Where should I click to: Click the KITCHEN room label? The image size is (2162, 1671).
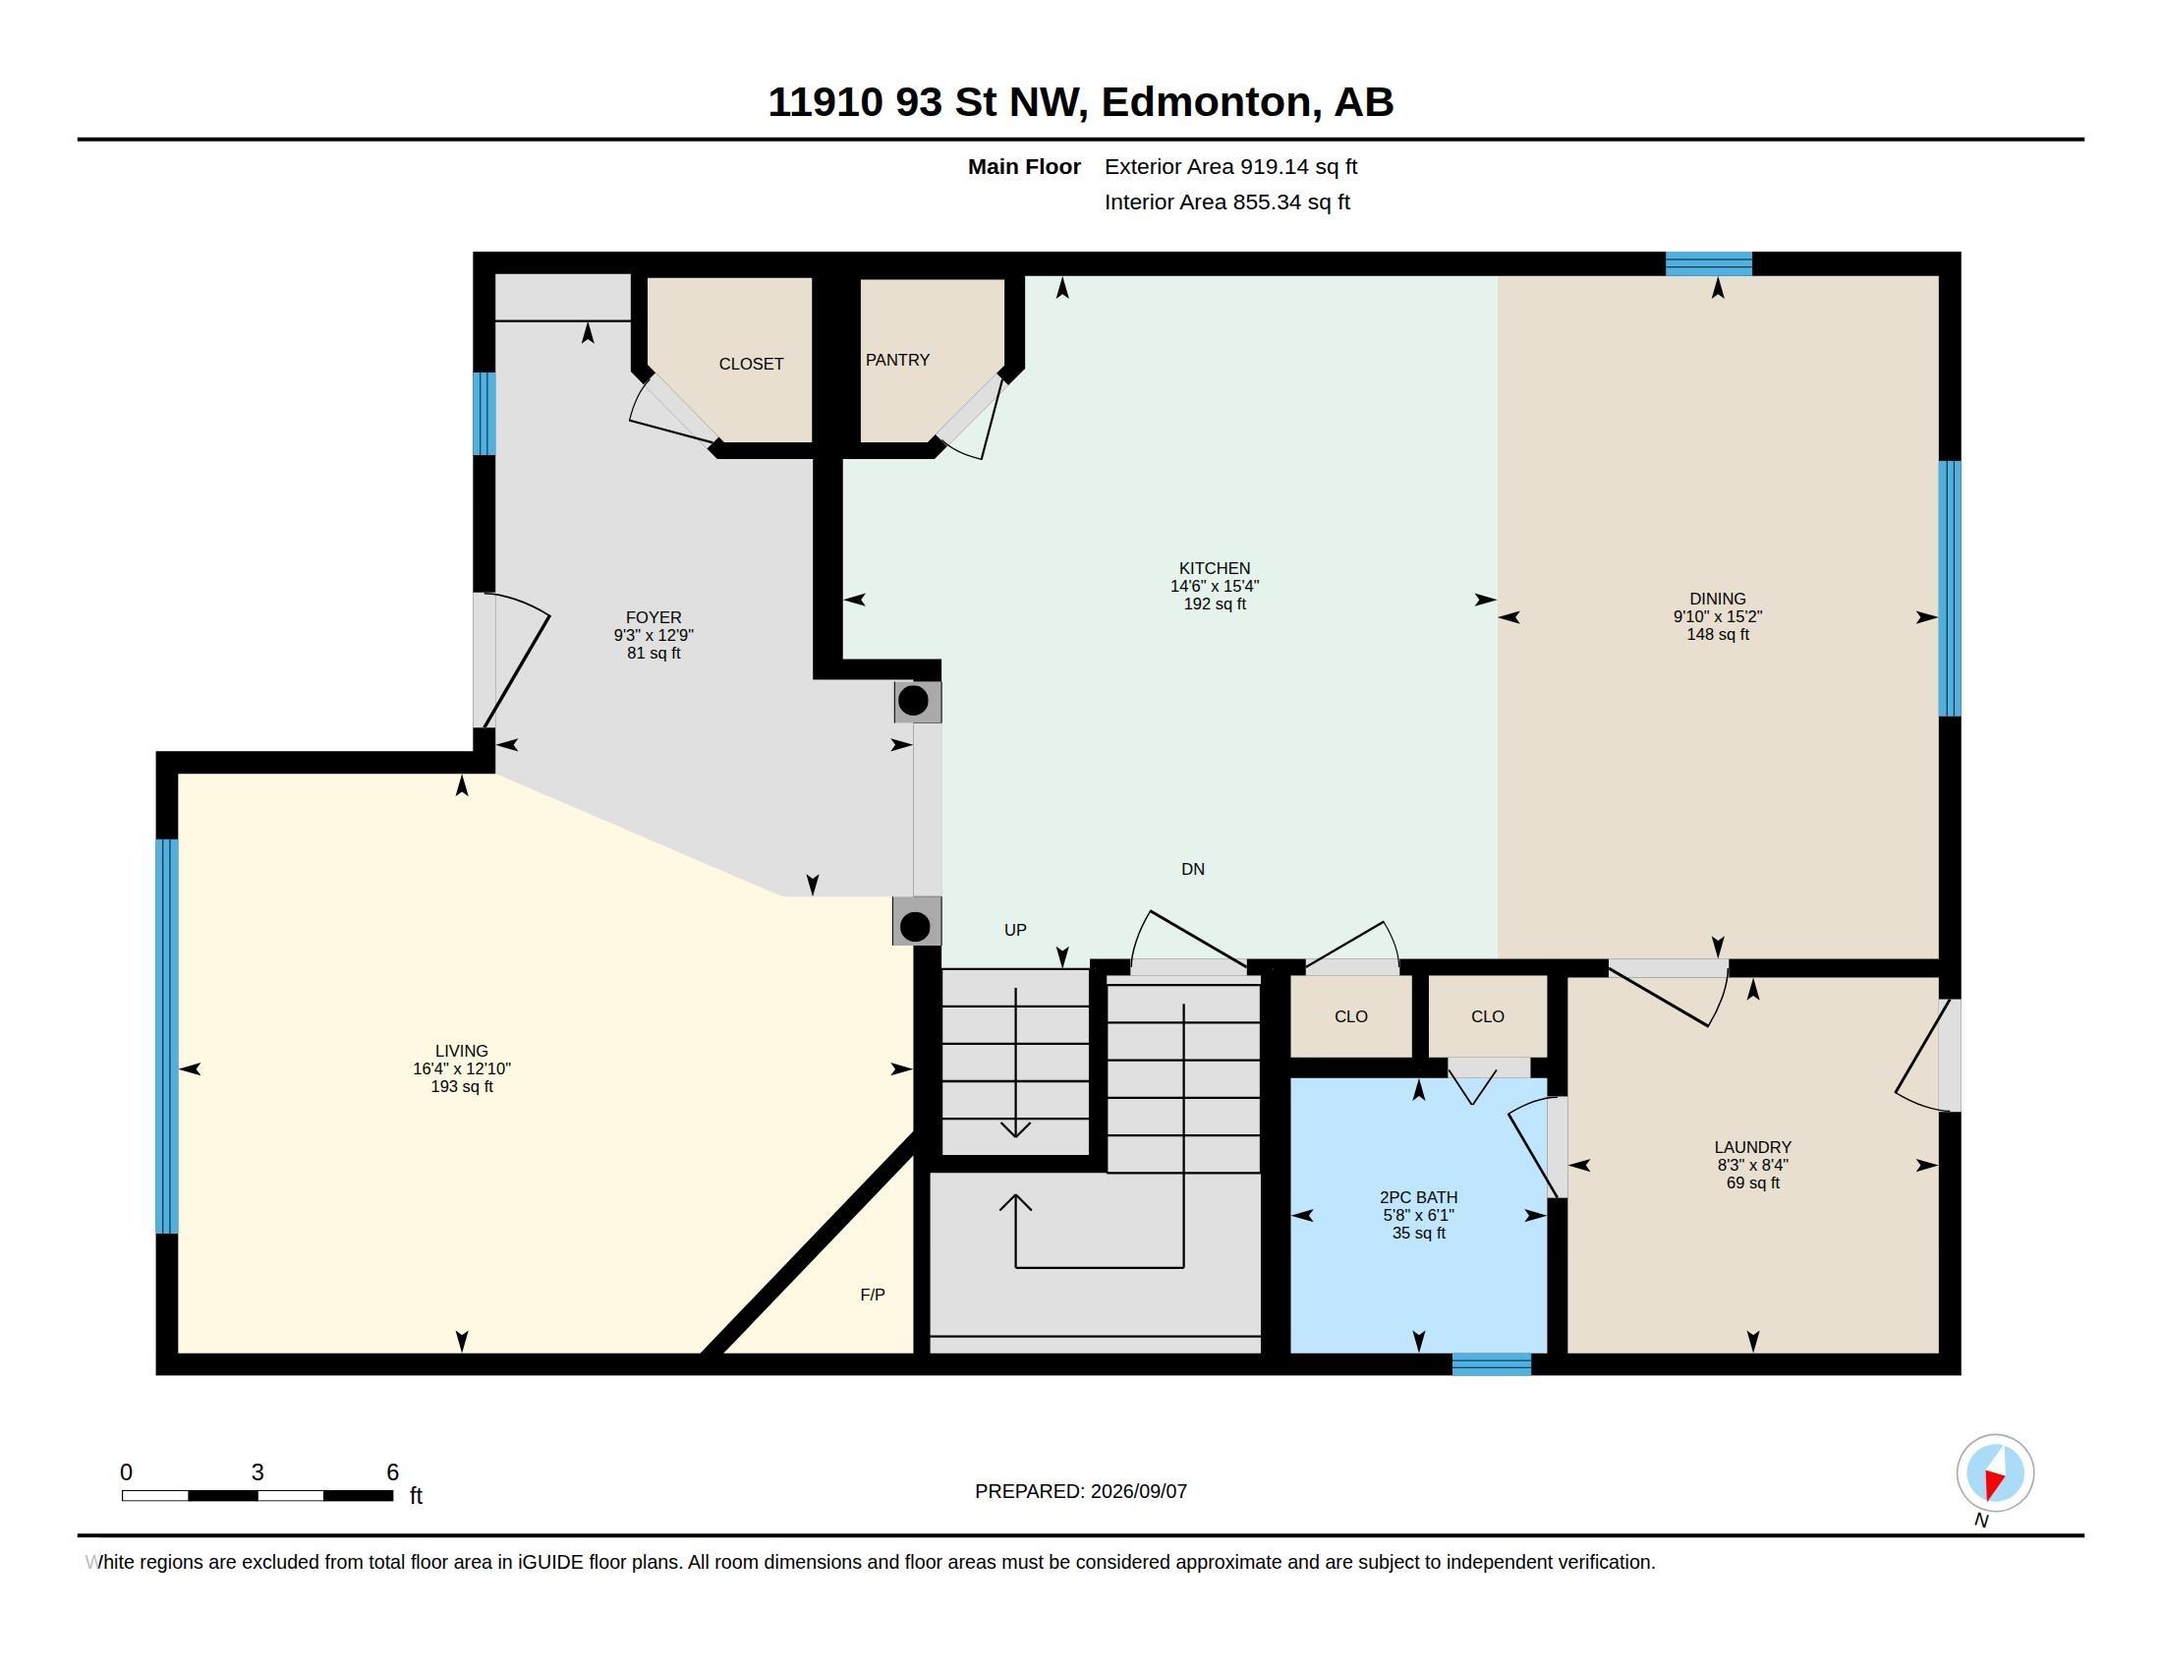pyautogui.click(x=1214, y=568)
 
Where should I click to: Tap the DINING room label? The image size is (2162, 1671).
pyautogui.click(x=1718, y=599)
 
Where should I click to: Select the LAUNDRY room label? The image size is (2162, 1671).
pyautogui.click(x=1752, y=1147)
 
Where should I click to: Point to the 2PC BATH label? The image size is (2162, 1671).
pyautogui.click(x=1417, y=1198)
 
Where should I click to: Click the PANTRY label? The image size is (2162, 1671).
pyautogui.click(x=897, y=361)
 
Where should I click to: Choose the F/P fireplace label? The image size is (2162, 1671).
pyautogui.click(x=872, y=1295)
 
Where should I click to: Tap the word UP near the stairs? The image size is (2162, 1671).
pyautogui.click(x=1015, y=931)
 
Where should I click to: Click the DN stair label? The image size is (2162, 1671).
pyautogui.click(x=1192, y=869)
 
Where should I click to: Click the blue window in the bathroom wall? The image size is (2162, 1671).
pyautogui.click(x=1491, y=1364)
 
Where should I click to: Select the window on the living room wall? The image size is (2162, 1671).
pyautogui.click(x=167, y=1036)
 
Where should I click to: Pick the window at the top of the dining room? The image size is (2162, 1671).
pyautogui.click(x=1709, y=264)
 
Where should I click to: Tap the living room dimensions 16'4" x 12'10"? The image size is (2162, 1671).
pyautogui.click(x=461, y=1069)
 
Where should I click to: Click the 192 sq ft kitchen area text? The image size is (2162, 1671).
pyautogui.click(x=1214, y=604)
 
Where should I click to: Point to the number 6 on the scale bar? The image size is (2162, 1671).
pyautogui.click(x=392, y=1472)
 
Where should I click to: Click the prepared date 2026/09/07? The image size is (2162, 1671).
pyautogui.click(x=1137, y=1492)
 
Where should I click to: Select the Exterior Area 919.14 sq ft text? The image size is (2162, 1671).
pyautogui.click(x=1230, y=167)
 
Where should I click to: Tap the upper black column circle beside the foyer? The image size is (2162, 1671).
pyautogui.click(x=913, y=701)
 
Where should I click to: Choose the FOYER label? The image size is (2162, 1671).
pyautogui.click(x=654, y=617)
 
